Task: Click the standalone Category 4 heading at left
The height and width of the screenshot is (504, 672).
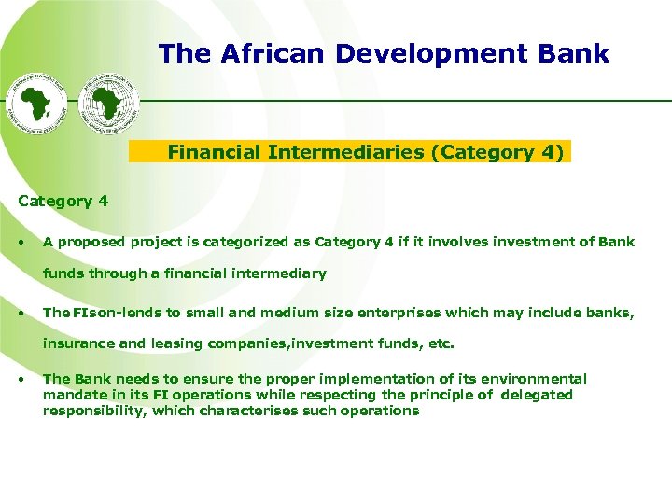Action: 63,201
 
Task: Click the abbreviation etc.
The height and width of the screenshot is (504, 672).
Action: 441,343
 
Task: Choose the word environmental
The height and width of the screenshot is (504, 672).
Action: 535,379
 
